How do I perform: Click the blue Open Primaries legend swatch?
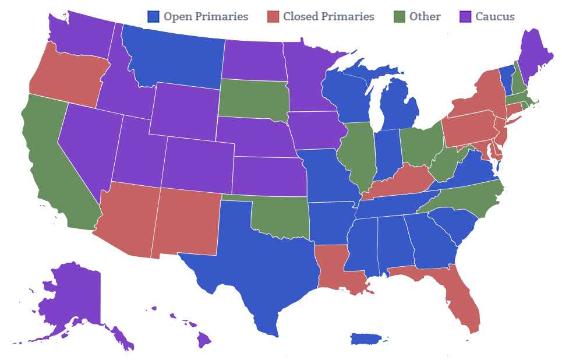[154, 16]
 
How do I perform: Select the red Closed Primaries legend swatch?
[273, 16]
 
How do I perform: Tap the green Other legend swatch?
[400, 16]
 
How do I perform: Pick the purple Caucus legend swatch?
[466, 16]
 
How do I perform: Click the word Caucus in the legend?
[495, 16]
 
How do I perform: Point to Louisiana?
[335, 268]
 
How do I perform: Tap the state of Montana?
[175, 58]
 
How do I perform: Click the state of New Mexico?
[186, 221]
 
